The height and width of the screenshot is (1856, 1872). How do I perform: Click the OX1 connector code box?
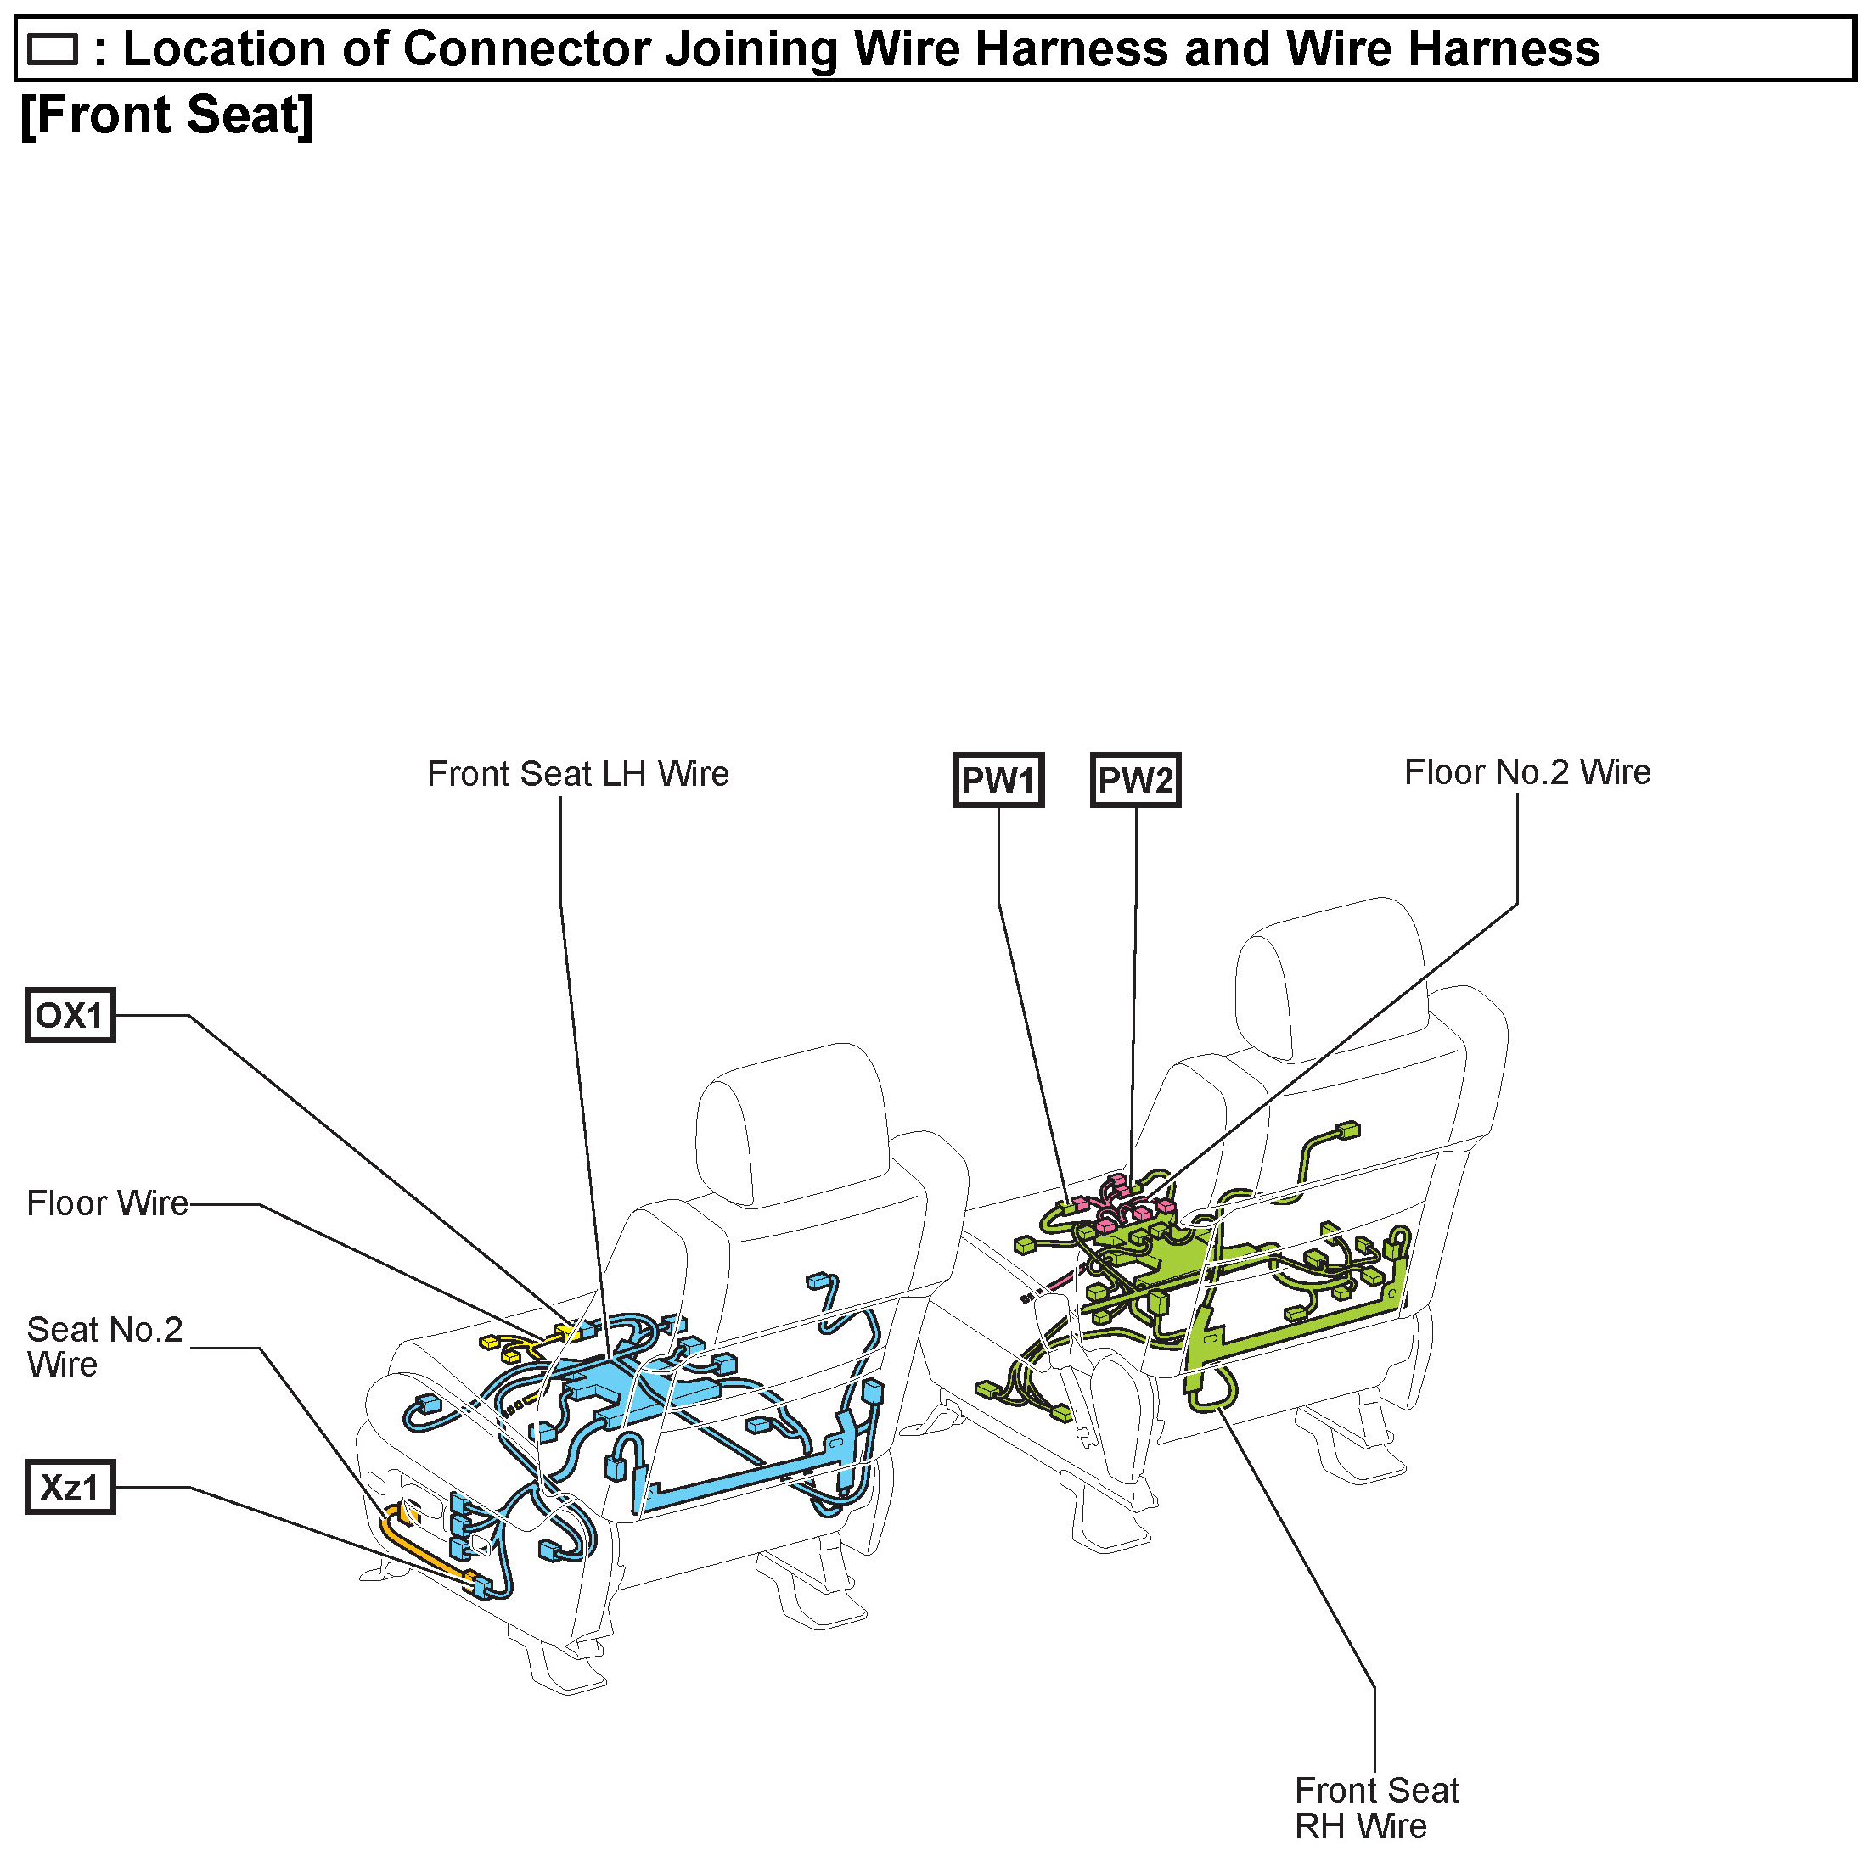[70, 1015]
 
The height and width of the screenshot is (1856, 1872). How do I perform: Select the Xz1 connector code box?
[70, 1487]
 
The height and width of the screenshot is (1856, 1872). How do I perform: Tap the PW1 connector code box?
[998, 780]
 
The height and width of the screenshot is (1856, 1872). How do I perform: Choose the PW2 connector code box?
[1136, 780]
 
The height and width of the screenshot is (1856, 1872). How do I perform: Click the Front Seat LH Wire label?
[577, 774]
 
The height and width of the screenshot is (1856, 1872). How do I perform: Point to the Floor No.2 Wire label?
[1527, 772]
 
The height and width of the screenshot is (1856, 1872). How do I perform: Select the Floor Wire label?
[107, 1203]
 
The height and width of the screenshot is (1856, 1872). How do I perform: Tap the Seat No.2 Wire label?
[104, 1347]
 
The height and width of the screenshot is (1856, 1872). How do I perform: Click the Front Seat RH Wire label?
[1376, 1808]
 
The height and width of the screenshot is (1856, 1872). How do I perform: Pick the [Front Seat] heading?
[166, 115]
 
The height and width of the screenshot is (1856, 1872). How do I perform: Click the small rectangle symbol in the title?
[53, 49]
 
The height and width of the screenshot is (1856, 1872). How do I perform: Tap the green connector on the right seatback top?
[1346, 1130]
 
